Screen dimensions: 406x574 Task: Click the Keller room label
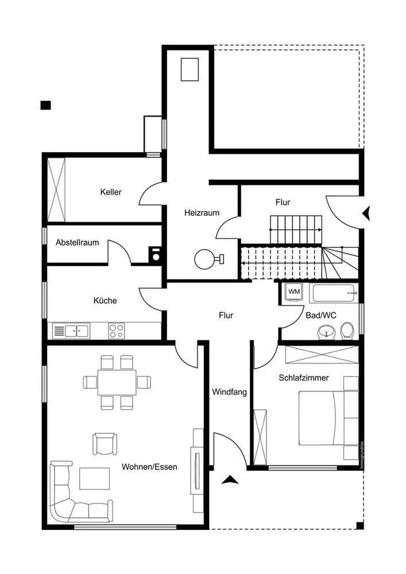click(x=110, y=192)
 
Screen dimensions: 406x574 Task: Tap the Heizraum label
click(x=202, y=212)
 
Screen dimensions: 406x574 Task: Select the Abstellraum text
click(x=77, y=242)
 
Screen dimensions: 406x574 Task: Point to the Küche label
click(x=105, y=300)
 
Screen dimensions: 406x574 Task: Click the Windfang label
click(x=229, y=393)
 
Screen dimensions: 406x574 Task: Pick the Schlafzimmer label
click(x=304, y=378)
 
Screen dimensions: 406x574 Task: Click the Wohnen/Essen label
click(x=149, y=467)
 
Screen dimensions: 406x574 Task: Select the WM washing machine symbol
click(x=293, y=292)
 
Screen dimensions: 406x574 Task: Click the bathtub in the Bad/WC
click(x=334, y=293)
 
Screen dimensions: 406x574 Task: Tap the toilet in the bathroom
click(x=346, y=331)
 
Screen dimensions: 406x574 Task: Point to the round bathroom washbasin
click(x=326, y=332)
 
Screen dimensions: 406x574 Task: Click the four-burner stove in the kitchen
click(x=117, y=330)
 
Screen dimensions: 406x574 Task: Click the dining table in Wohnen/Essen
click(x=117, y=382)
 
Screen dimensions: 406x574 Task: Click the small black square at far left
click(x=45, y=104)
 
